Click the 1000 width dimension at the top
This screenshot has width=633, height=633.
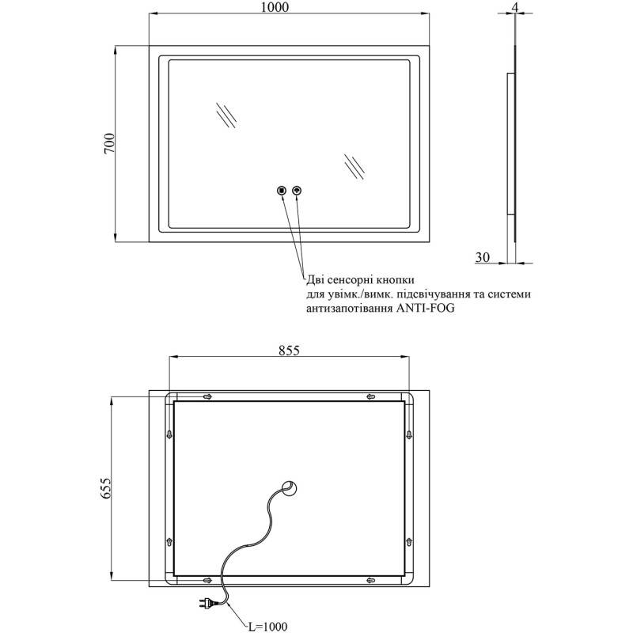click(275, 7)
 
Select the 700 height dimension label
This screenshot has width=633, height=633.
click(109, 143)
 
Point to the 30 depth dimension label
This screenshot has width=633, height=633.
click(483, 256)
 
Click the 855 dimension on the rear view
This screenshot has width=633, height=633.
click(289, 351)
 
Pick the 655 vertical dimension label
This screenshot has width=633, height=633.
click(105, 488)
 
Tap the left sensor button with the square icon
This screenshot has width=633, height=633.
click(282, 190)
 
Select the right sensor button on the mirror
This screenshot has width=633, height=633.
click(298, 190)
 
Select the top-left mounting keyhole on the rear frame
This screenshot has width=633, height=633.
click(207, 397)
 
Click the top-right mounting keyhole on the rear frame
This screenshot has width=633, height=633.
click(370, 397)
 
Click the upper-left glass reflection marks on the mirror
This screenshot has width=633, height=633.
click(226, 115)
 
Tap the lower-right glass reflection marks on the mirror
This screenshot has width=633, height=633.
click(354, 166)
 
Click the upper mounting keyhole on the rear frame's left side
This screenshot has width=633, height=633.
click(169, 434)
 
